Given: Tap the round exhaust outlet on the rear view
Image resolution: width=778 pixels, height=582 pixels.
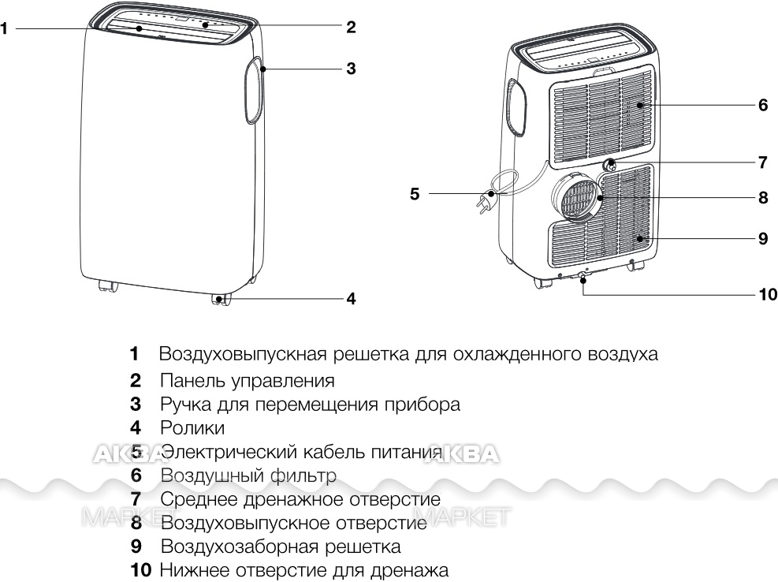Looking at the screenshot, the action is (575, 197).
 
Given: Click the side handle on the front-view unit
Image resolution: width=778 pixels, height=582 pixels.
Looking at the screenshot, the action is (254, 90).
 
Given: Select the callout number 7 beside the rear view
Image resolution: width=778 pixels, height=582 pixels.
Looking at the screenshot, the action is (762, 162).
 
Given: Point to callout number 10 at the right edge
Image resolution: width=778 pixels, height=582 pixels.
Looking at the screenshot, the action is (768, 294).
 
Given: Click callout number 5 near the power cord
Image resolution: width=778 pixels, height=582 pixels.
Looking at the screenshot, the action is (415, 194).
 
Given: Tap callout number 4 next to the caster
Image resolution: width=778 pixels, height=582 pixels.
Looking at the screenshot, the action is (351, 298).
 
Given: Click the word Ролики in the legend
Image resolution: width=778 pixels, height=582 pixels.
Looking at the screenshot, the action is (192, 428).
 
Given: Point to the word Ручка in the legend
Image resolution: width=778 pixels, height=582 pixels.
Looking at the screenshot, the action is (184, 405).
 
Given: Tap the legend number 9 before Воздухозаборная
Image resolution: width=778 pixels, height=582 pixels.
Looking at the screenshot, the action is (136, 547).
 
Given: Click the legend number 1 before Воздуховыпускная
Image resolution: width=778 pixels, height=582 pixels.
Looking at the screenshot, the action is (134, 354).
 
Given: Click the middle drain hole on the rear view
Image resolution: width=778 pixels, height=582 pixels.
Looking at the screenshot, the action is (610, 164).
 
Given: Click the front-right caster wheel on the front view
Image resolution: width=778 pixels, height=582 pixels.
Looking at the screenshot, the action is (221, 300).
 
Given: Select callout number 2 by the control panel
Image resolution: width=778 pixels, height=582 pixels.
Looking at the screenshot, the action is (351, 27).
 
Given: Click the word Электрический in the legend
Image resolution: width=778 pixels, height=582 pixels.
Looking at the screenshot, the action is (229, 453).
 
